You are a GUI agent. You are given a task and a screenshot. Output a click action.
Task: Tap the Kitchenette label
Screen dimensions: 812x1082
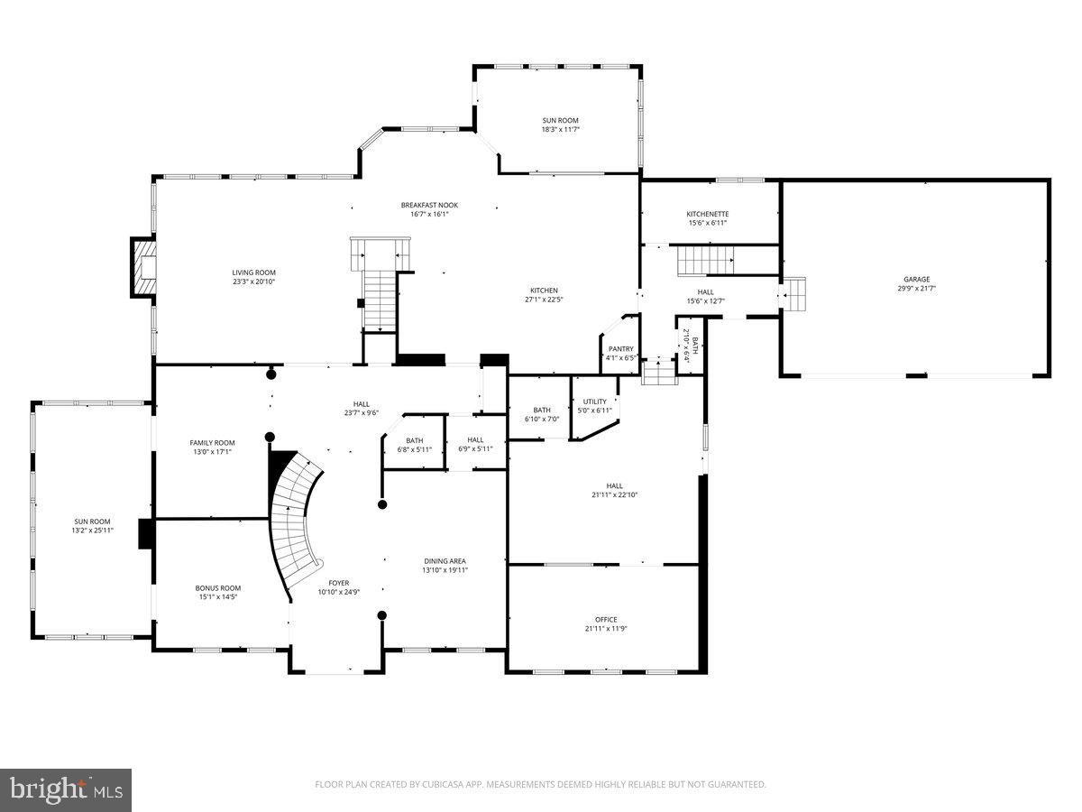tap(708, 214)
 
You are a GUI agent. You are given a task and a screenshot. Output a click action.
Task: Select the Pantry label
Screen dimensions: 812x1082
tap(621, 349)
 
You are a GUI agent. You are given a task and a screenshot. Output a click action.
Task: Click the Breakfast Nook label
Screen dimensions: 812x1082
tap(430, 205)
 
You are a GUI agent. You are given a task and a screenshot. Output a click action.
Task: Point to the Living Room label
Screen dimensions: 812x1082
tap(253, 272)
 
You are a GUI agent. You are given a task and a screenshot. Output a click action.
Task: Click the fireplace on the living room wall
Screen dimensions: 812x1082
tap(144, 267)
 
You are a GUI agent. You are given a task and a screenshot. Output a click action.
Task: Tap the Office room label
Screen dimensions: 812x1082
tap(605, 620)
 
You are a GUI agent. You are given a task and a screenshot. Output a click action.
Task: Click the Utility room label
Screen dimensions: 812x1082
tap(595, 401)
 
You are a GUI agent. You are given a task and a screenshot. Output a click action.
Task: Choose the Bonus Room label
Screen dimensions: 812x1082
tap(218, 587)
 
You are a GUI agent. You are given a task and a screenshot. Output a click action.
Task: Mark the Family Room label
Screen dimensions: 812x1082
tap(212, 443)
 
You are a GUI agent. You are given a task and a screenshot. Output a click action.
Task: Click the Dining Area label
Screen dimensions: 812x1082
tap(445, 561)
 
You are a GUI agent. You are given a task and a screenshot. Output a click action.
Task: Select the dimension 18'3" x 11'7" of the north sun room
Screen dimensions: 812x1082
tap(560, 130)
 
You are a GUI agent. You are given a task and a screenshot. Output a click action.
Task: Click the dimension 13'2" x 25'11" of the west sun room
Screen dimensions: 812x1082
tap(93, 531)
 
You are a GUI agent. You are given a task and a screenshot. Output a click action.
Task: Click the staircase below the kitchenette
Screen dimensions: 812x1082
tap(708, 262)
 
